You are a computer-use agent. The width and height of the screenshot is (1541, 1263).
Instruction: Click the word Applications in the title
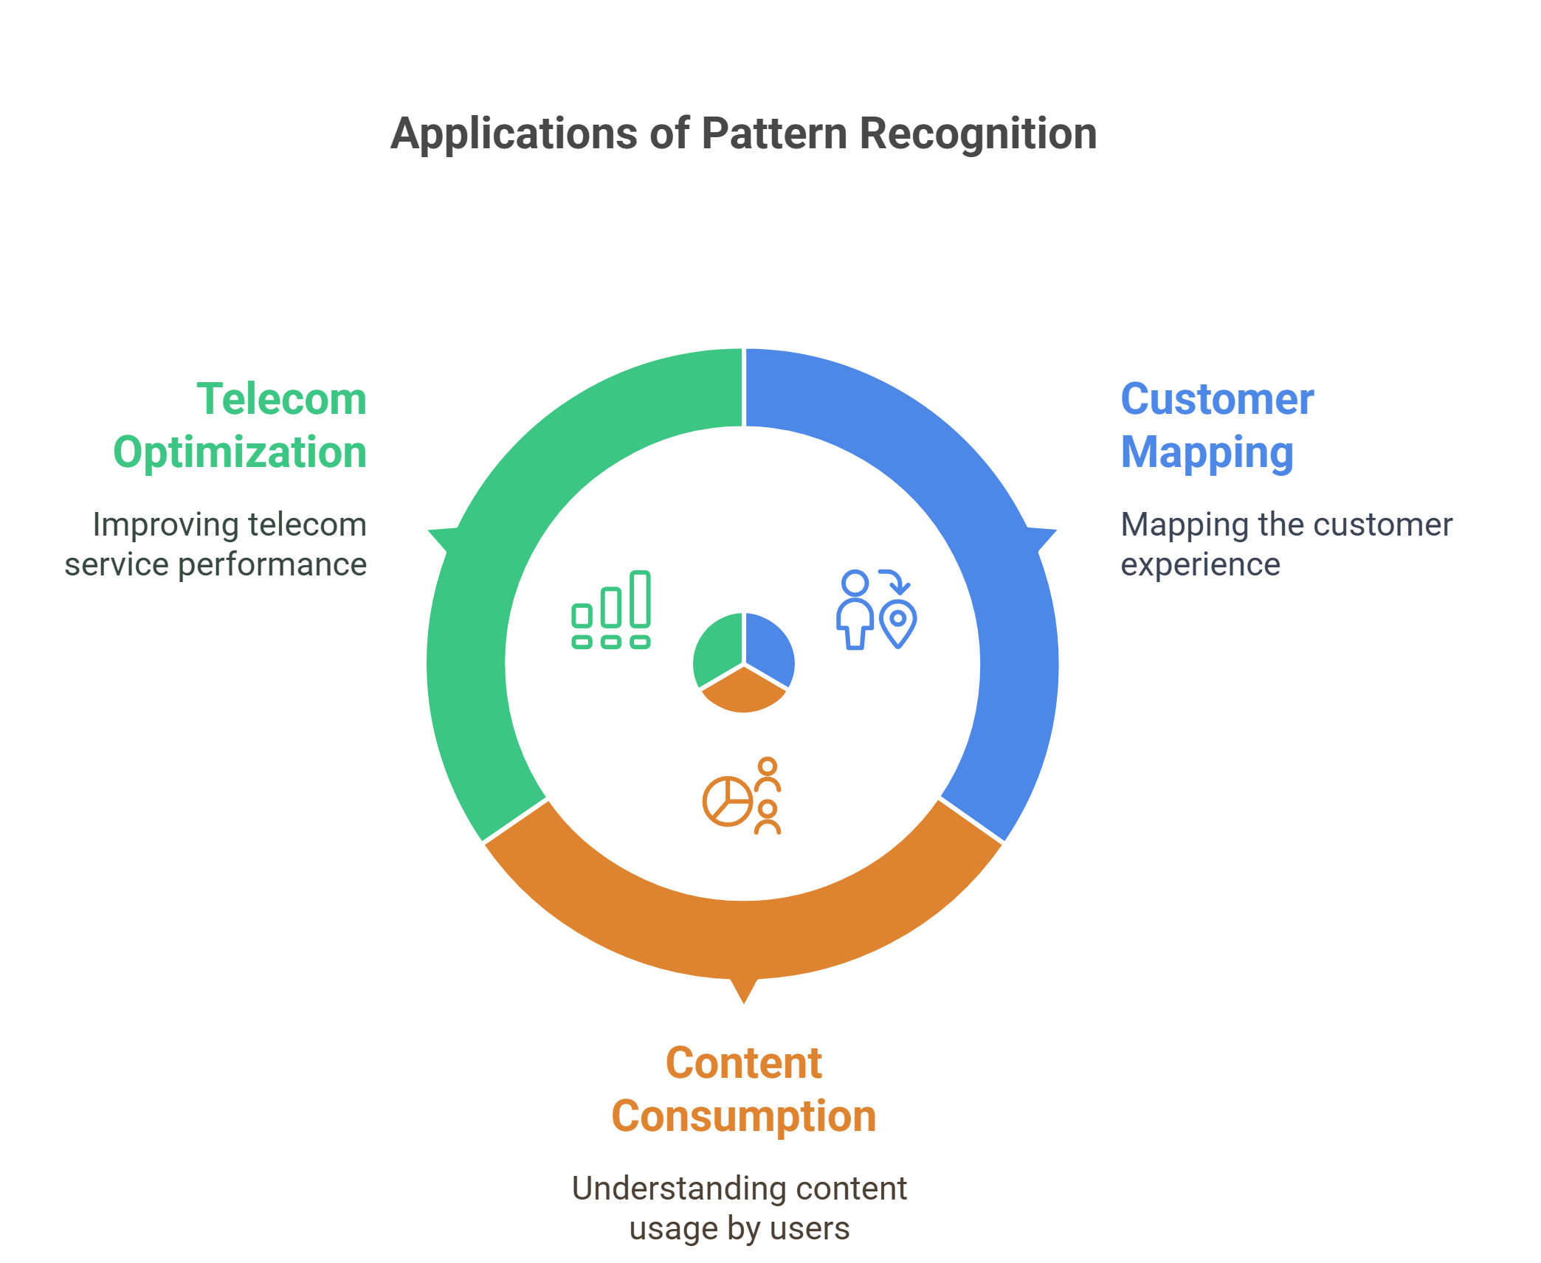tap(514, 134)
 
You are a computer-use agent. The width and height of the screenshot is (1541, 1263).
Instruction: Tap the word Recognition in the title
tap(978, 134)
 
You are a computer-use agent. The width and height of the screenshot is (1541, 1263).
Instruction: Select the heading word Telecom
tap(281, 399)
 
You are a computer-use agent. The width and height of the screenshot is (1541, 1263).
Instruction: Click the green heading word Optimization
tap(240, 452)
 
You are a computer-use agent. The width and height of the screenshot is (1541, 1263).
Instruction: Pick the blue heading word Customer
tap(1217, 399)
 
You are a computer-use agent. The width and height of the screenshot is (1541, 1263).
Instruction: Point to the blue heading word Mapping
tap(1207, 453)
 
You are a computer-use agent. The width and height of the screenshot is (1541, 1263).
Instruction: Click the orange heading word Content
tap(743, 1063)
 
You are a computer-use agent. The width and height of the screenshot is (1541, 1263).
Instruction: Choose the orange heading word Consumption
tap(743, 1117)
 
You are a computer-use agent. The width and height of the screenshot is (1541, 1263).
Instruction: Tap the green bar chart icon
tap(611, 609)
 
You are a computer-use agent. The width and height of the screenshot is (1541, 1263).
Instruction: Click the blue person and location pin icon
tap(876, 609)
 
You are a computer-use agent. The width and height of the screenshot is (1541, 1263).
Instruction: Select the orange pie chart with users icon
tap(742, 796)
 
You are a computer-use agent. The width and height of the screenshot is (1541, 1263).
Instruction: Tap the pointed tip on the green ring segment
tap(429, 531)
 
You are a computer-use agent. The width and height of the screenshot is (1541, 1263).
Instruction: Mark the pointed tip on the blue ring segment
tap(1057, 531)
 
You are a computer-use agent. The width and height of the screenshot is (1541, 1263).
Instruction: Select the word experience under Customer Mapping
tap(1200, 565)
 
